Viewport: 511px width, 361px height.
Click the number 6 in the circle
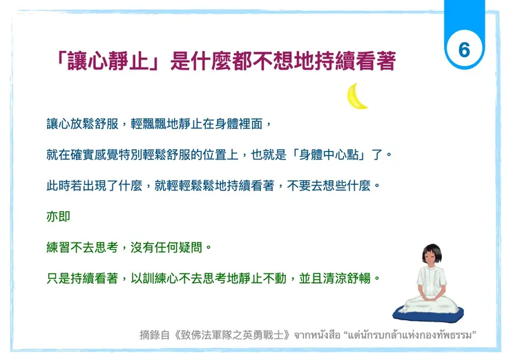pos(464,49)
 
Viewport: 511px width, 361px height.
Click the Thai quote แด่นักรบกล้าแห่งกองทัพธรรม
pos(429,335)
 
